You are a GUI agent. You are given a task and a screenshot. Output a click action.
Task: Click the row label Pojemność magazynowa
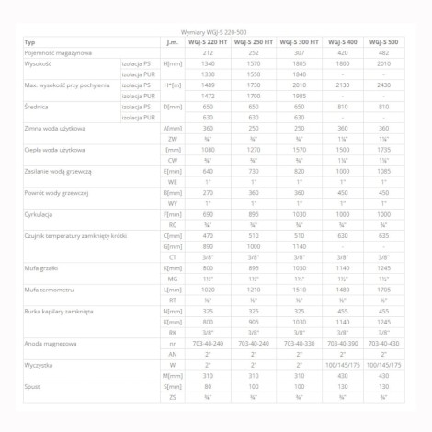click(59, 53)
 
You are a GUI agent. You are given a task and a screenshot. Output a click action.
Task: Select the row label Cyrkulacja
click(42, 211)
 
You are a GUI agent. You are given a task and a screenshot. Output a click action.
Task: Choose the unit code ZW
click(172, 138)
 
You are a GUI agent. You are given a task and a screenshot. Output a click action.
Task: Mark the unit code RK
click(172, 332)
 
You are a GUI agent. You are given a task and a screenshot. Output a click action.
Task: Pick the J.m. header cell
click(172, 42)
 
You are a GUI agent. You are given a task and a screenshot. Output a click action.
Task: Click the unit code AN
click(172, 354)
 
